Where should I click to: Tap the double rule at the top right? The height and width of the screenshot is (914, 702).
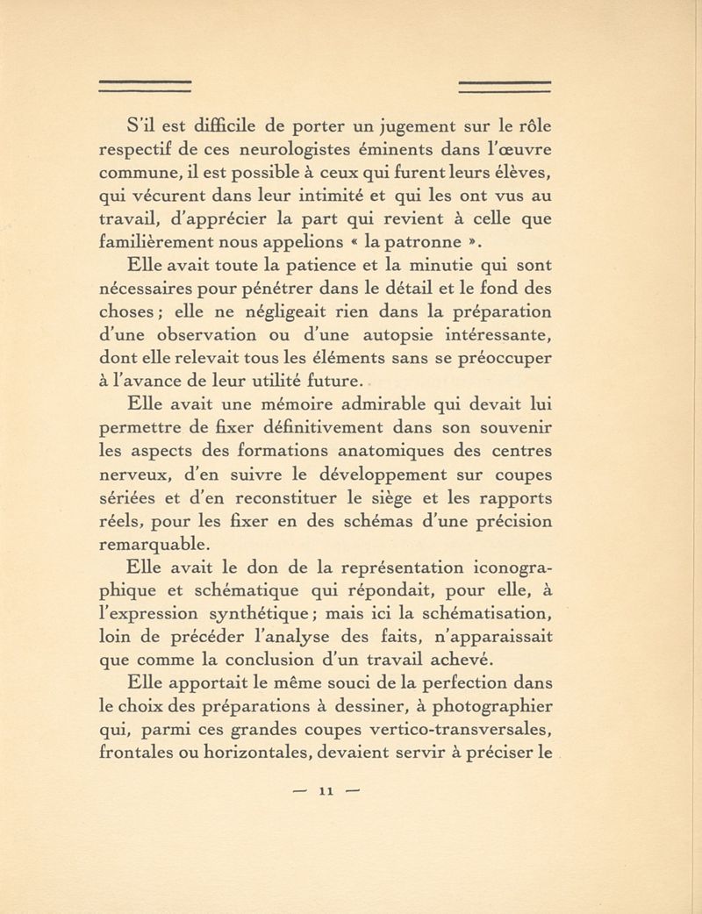pos(505,85)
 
